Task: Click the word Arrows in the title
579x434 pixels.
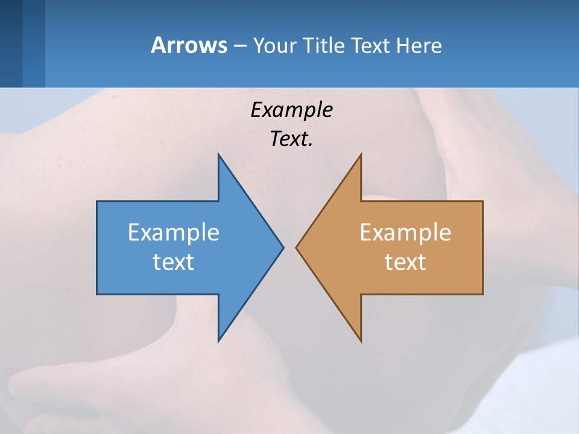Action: click(x=188, y=45)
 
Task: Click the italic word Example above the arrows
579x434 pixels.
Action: click(x=291, y=110)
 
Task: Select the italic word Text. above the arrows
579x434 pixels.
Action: click(x=291, y=139)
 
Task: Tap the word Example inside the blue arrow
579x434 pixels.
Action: click(x=174, y=233)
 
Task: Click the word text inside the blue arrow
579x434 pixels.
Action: click(x=174, y=262)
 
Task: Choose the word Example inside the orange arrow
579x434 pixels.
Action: click(x=405, y=233)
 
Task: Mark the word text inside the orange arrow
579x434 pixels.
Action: click(x=405, y=262)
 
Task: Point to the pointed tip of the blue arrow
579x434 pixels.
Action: click(x=282, y=247)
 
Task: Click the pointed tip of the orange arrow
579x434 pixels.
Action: click(x=297, y=247)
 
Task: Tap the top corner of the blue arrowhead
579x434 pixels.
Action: click(x=218, y=155)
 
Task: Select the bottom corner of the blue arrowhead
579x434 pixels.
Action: click(x=218, y=341)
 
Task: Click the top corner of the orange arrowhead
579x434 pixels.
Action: click(x=361, y=155)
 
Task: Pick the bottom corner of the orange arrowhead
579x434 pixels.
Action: click(x=361, y=341)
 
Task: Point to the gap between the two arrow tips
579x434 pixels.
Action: click(x=290, y=247)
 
